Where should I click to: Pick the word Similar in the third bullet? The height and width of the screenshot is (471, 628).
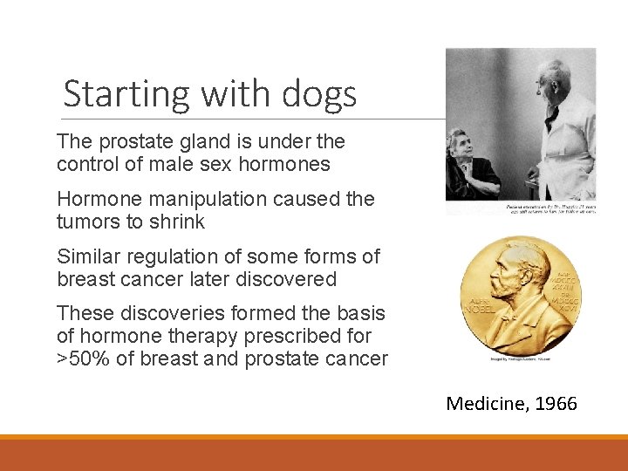[90, 256]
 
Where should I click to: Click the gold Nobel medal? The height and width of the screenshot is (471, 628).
[520, 295]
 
